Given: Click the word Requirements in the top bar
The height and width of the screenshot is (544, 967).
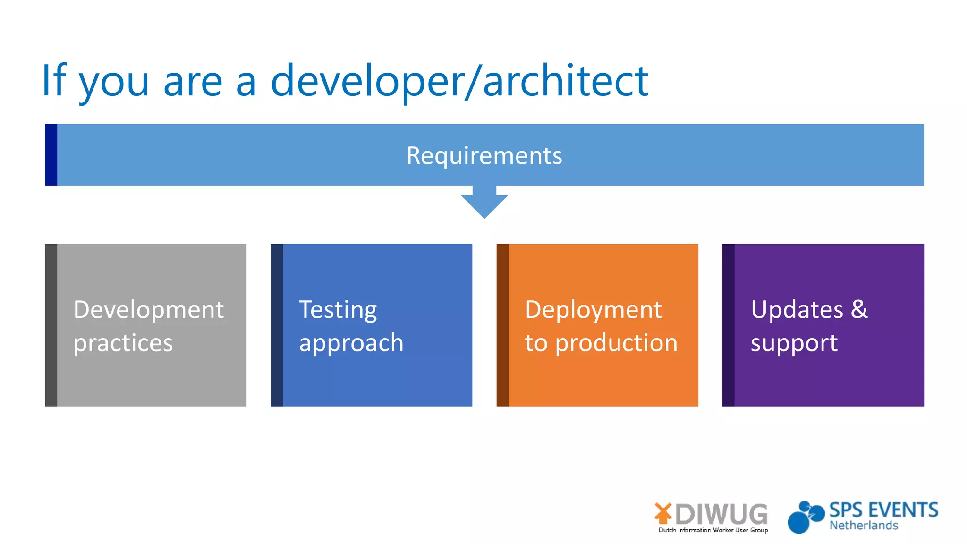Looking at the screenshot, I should coord(484,156).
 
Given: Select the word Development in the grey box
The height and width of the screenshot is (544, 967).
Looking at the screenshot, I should coord(148,310).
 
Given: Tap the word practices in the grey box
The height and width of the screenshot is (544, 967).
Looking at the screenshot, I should coord(123,343).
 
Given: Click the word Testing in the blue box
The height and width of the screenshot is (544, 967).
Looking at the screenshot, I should coord(338,310).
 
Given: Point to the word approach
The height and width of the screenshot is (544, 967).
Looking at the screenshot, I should coord(351,343).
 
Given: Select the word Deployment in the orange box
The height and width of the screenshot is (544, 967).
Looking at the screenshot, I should coord(594,310).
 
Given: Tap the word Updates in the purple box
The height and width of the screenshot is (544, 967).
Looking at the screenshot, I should coord(797,310).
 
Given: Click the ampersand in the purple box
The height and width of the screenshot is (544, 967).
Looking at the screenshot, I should coord(859,310).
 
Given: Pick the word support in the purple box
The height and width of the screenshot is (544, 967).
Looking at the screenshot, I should coord(794,343).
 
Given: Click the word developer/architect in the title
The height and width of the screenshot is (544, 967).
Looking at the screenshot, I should coord(459,81).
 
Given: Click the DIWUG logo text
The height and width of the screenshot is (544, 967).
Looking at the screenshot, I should coord(721,514).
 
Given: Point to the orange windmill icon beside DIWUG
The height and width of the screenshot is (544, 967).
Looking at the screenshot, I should coord(663,513).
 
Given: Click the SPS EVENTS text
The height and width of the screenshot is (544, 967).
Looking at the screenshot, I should coord(884,510).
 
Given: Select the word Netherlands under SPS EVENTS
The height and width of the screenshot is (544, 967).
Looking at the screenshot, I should coord(864,526).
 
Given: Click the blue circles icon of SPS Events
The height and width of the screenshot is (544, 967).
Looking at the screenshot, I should coord(805,518).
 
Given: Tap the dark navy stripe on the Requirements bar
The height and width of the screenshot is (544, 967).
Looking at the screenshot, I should coord(51,155).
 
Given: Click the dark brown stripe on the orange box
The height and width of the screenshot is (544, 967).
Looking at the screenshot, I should coord(502,325).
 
